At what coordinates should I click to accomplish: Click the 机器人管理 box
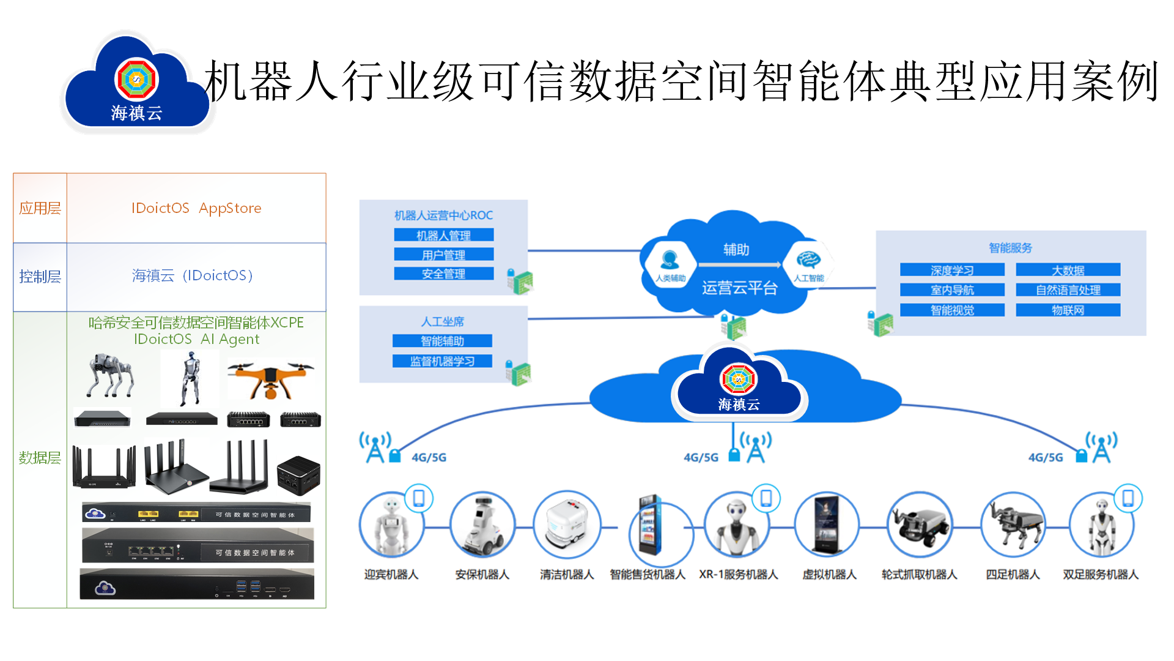click(x=443, y=235)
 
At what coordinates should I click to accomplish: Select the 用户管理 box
click(x=443, y=255)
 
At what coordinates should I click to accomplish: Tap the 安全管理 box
click(x=443, y=274)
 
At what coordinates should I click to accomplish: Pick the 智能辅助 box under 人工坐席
click(x=442, y=341)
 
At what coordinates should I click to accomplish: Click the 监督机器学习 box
click(x=442, y=361)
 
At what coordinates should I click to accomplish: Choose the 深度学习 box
click(x=952, y=270)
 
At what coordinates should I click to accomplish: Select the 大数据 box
click(x=1068, y=270)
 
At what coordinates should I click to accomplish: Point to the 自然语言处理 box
click(x=1068, y=290)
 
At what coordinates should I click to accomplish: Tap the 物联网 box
click(x=1068, y=310)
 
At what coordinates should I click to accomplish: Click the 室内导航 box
click(x=952, y=290)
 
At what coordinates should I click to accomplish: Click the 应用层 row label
click(x=40, y=208)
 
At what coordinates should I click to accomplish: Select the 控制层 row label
click(x=40, y=277)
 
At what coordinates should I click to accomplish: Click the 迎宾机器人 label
click(x=391, y=575)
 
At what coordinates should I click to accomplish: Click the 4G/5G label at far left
click(x=429, y=458)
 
